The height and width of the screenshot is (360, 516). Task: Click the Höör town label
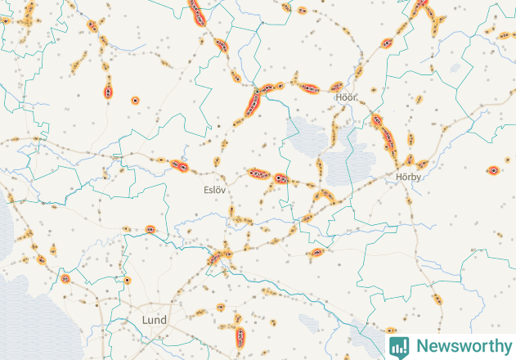tap(347, 97)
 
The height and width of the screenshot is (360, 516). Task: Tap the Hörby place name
tap(407, 176)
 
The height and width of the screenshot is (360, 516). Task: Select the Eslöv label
tap(214, 189)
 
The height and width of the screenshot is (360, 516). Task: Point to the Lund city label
tap(154, 319)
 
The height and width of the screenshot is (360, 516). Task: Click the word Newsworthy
tap(461, 345)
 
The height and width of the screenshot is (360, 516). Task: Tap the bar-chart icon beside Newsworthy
tap(399, 346)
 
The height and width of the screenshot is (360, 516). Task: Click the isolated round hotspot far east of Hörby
tap(493, 170)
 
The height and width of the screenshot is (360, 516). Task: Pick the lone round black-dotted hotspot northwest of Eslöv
tap(135, 101)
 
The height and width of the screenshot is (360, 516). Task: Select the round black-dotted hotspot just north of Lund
tap(128, 281)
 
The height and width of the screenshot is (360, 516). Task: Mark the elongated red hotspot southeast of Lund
tap(240, 335)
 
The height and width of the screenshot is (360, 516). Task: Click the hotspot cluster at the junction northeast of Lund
tap(218, 258)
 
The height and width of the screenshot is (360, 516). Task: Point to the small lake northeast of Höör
tap(355, 72)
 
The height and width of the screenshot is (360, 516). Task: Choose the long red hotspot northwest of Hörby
tap(384, 135)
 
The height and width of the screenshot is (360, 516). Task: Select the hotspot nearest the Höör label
tap(336, 87)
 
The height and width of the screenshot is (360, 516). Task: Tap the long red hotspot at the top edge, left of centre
tap(198, 12)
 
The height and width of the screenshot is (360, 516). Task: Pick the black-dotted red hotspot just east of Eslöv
tap(280, 177)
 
